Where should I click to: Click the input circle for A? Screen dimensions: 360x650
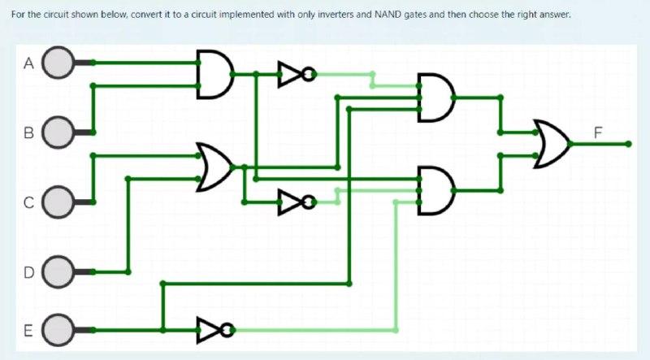point(58,63)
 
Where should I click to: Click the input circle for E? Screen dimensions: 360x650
point(58,330)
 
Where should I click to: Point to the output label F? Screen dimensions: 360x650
point(598,132)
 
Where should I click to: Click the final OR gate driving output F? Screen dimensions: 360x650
point(551,144)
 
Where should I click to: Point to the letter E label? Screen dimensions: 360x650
point(28,331)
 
